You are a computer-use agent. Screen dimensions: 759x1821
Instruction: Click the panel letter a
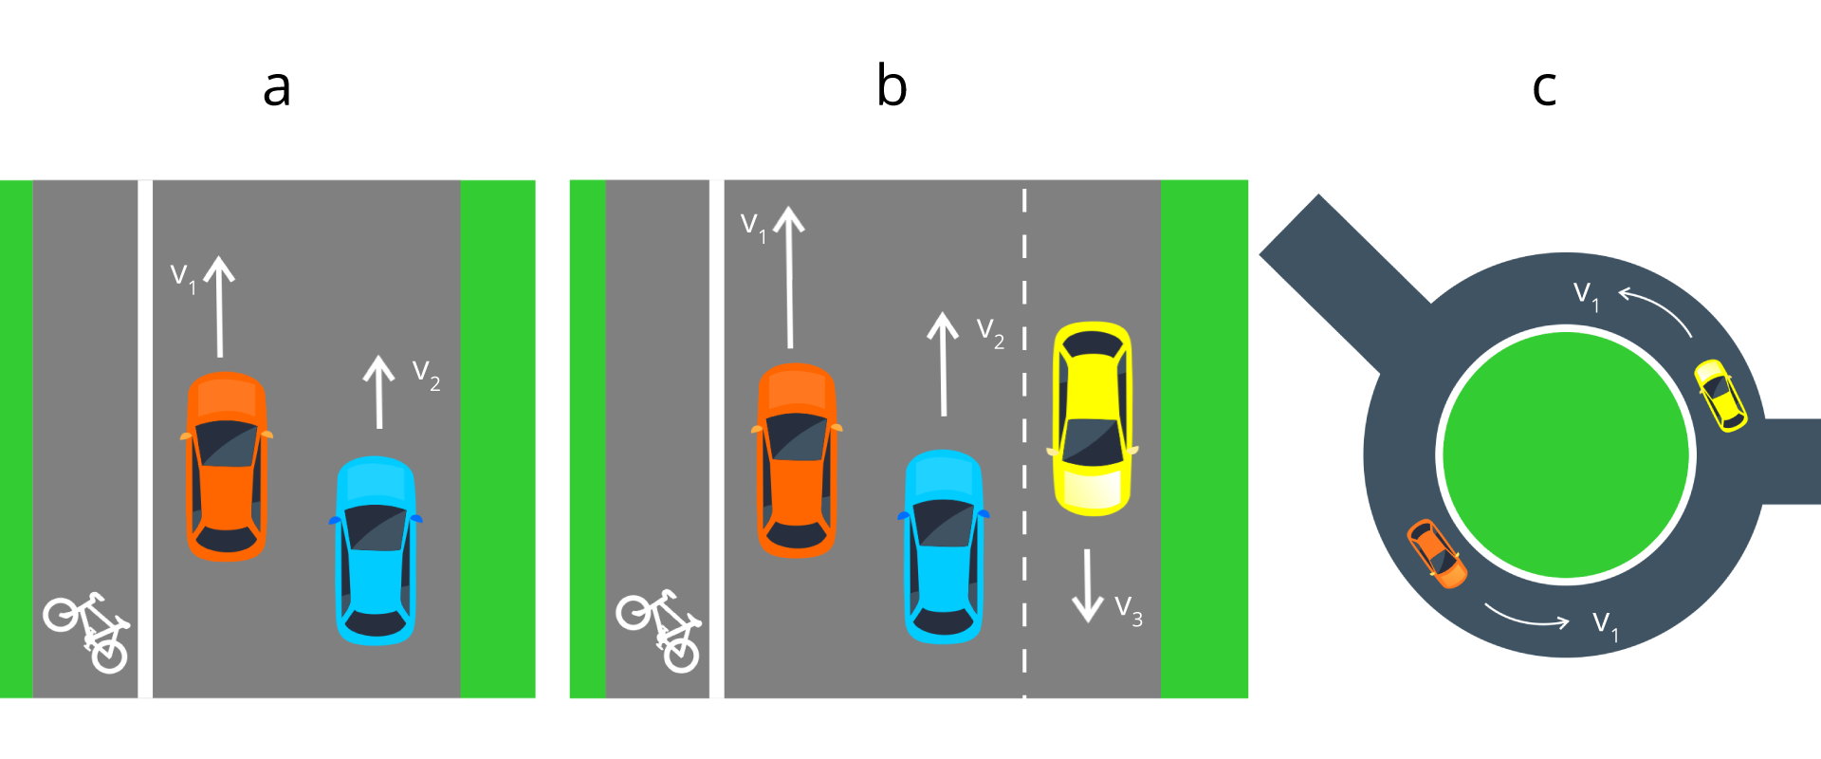(276, 88)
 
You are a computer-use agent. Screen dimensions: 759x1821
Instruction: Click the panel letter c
(1544, 88)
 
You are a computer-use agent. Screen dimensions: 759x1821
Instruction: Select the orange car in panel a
(226, 466)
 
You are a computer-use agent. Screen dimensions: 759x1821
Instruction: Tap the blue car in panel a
(377, 550)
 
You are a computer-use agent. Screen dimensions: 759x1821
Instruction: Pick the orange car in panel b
(797, 460)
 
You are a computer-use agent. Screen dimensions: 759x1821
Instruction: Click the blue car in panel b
(944, 546)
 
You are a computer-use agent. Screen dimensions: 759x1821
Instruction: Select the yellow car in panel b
(1093, 418)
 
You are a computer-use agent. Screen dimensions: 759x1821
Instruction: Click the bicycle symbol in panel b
(660, 631)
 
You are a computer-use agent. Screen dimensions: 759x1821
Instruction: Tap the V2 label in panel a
(426, 375)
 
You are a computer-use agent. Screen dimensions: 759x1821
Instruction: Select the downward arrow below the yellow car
(1087, 584)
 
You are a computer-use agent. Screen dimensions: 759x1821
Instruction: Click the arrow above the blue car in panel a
(379, 392)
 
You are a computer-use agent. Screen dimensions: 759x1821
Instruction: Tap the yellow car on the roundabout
(1720, 395)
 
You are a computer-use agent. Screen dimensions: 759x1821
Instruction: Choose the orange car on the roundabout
(1437, 553)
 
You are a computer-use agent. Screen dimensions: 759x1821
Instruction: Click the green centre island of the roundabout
(1566, 454)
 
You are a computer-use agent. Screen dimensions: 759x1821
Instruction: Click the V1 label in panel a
(183, 278)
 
